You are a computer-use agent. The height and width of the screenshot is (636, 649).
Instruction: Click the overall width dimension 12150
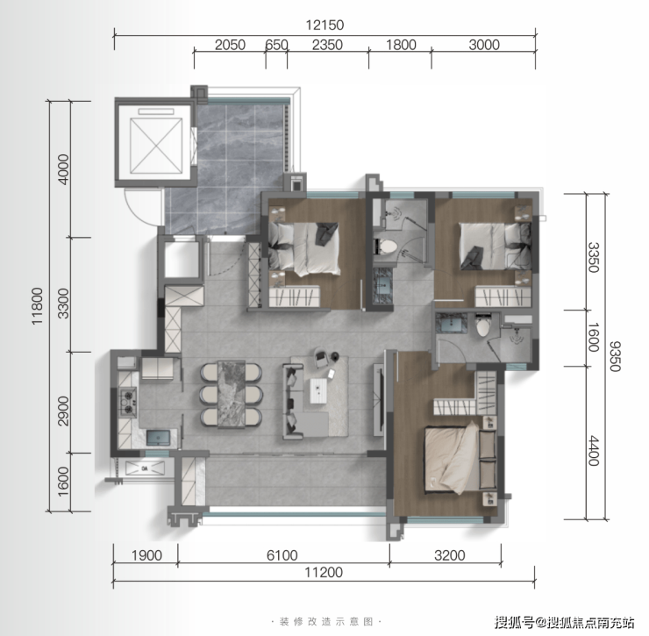coord(324,25)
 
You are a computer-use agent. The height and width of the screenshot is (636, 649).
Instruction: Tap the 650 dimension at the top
coord(276,45)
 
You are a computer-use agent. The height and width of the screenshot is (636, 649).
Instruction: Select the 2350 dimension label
coord(327,45)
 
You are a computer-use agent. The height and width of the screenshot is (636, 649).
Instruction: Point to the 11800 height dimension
coord(37,306)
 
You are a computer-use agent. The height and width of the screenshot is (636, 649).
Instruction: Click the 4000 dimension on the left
coord(63,169)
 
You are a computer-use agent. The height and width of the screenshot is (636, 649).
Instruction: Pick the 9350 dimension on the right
coord(615,356)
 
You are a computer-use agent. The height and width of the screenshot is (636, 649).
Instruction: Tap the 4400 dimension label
coord(594,451)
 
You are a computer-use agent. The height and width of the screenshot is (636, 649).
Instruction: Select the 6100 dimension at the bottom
coord(282,555)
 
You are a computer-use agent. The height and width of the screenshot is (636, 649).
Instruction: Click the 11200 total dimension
coord(324,572)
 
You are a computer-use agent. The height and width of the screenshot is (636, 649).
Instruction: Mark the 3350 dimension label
coord(594,258)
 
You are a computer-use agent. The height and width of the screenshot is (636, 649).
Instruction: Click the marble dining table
coord(232,394)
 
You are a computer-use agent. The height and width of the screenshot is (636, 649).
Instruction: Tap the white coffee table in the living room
coord(318,390)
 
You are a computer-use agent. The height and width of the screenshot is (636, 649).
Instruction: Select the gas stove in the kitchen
coord(127,401)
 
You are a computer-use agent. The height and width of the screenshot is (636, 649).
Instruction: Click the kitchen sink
coord(158,438)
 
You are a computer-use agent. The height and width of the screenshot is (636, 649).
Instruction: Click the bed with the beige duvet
coord(460,459)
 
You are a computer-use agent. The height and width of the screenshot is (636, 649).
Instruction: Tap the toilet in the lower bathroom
coord(482,325)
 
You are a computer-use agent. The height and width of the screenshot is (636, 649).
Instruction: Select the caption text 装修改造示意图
coord(326,621)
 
